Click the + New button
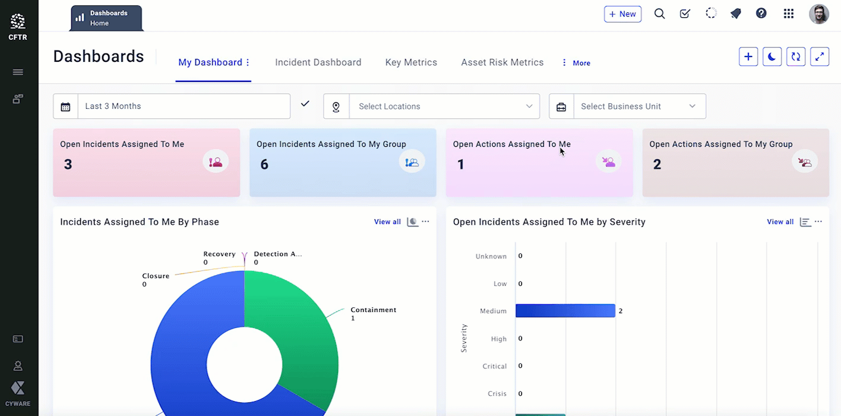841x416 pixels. tap(622, 14)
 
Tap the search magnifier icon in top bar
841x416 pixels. tap(659, 14)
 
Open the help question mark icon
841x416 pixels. tap(761, 14)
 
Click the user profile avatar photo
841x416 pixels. tap(818, 14)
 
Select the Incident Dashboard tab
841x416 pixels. tap(318, 62)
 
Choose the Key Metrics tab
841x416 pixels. tap(411, 62)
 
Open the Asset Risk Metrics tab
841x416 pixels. tap(502, 62)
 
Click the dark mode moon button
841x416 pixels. tap(772, 56)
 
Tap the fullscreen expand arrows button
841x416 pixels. tap(819, 56)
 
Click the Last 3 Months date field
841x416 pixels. tap(184, 106)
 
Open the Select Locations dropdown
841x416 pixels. tap(444, 106)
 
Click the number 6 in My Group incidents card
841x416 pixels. tap(264, 165)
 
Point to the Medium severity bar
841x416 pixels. tap(565, 311)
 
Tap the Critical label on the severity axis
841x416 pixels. tap(495, 367)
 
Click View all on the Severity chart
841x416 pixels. tap(780, 222)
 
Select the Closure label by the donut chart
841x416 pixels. tap(156, 276)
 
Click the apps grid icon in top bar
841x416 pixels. tap(788, 14)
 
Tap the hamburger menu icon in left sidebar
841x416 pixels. tap(18, 72)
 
